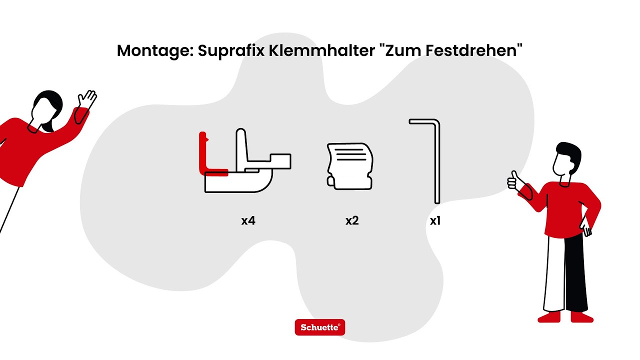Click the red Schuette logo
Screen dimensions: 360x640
320,327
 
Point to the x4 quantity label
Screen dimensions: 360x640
248,220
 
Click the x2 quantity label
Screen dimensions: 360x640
352,220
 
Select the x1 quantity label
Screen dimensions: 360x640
435,220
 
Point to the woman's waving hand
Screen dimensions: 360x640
88,98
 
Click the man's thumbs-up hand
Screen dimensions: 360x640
512,180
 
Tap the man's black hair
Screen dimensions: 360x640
570,150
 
